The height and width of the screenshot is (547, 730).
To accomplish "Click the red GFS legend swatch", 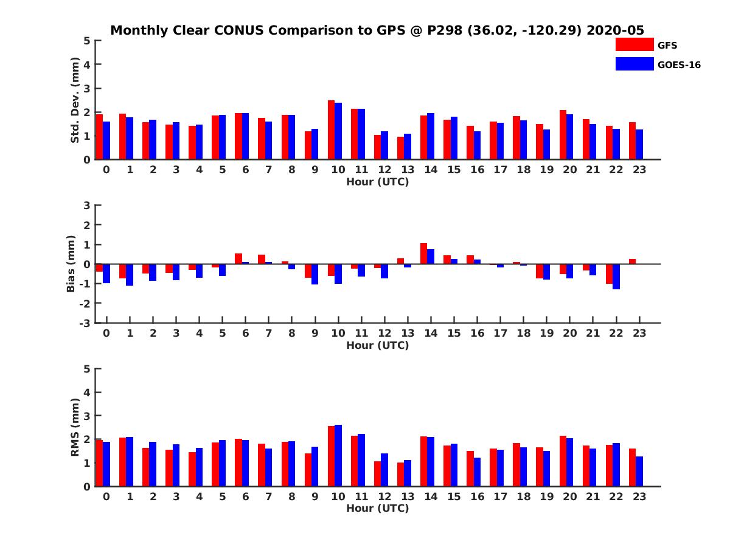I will coord(634,44).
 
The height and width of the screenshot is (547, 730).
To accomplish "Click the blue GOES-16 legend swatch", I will coord(634,64).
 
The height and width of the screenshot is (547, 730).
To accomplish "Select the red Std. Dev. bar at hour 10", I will coord(332,130).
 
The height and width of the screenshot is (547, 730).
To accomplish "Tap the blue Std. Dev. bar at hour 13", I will coord(408,146).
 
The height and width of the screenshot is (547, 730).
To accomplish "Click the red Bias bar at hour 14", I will coord(424,253).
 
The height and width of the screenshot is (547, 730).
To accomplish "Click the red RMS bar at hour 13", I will coord(401,474).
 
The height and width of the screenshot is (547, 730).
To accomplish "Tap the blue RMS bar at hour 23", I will coord(639,471).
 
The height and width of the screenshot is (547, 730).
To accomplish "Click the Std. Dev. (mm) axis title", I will coord(75,100).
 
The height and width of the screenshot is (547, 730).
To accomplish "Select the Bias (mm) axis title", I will coord(71,264).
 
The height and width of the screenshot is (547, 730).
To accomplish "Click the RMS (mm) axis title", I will coord(75,427).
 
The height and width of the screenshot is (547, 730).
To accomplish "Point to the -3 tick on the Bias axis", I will coord(86,323).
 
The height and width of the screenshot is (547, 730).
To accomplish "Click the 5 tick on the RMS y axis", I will coord(87,369).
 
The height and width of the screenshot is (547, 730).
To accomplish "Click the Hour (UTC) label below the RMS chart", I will coord(377,508).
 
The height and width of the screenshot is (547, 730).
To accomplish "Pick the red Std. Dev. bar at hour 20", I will coord(563,135).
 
